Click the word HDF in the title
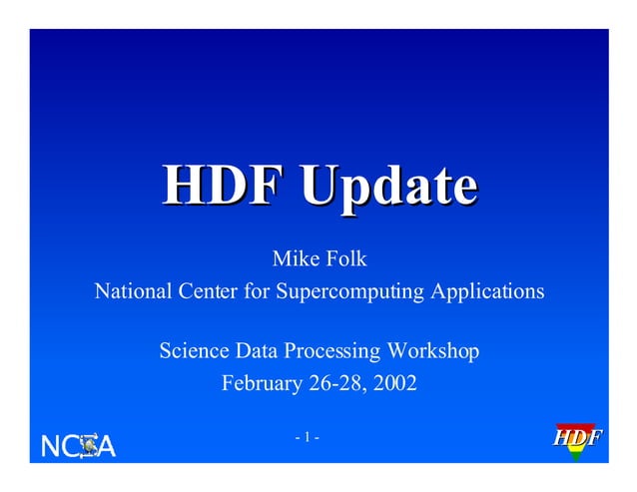(213, 188)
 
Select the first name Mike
(295, 259)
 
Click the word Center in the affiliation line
(211, 292)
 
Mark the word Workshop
(433, 351)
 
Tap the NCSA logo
(78, 446)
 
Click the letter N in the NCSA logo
(50, 446)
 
